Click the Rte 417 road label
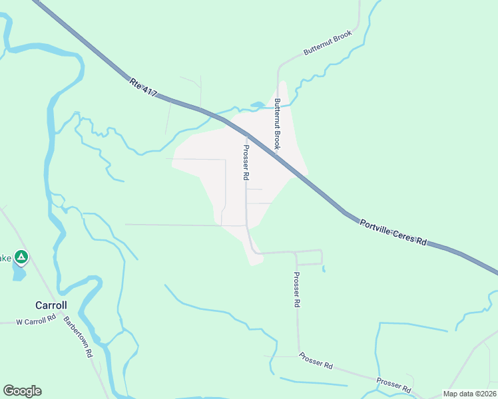pyautogui.click(x=143, y=89)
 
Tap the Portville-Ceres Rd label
pyautogui.click(x=392, y=233)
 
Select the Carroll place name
pyautogui.click(x=51, y=305)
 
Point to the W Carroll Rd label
pyautogui.click(x=36, y=321)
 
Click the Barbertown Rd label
pyautogui.click(x=78, y=336)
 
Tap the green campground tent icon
pyautogui.click(x=21, y=256)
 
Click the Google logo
pyautogui.click(x=22, y=391)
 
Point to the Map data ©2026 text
pyautogui.click(x=469, y=394)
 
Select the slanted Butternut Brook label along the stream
pyautogui.click(x=327, y=42)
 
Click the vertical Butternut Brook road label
pyautogui.click(x=278, y=124)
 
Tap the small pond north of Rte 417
pyautogui.click(x=257, y=104)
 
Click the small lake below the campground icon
pyautogui.click(x=19, y=273)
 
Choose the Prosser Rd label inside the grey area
pyautogui.click(x=246, y=163)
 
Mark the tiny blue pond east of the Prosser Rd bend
pyautogui.click(x=324, y=269)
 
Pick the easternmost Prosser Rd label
pyautogui.click(x=393, y=384)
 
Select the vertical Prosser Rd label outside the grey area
pyautogui.click(x=296, y=289)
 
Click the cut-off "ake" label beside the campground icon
pyautogui.click(x=5, y=258)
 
